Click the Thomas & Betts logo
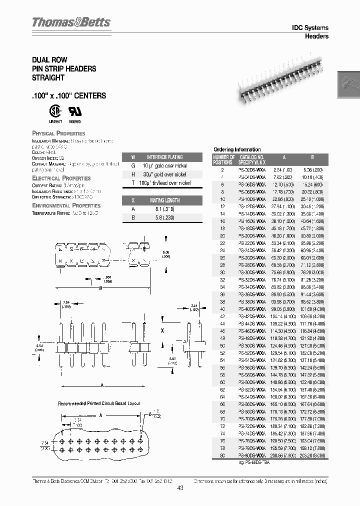[71, 22]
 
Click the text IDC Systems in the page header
[310, 28]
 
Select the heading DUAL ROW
[50, 59]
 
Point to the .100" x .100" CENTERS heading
[69, 95]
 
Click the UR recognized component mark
[74, 110]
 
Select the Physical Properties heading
[58, 133]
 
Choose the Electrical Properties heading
[61, 178]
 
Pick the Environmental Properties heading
[66, 205]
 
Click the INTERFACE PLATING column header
[164, 157]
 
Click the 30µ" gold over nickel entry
[164, 174]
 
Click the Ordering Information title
[237, 149]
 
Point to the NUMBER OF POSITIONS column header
[223, 159]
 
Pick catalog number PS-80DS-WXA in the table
[252, 456]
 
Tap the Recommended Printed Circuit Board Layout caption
[99, 403]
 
